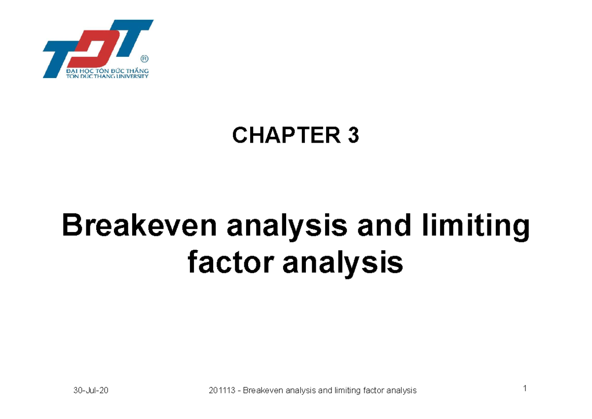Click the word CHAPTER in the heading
(x=285, y=136)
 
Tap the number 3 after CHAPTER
(x=353, y=136)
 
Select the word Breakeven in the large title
(x=139, y=228)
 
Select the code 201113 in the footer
(x=222, y=390)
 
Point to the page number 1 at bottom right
(x=525, y=389)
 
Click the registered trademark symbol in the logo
(x=144, y=59)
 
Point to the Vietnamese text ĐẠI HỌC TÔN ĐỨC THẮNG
(x=107, y=72)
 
